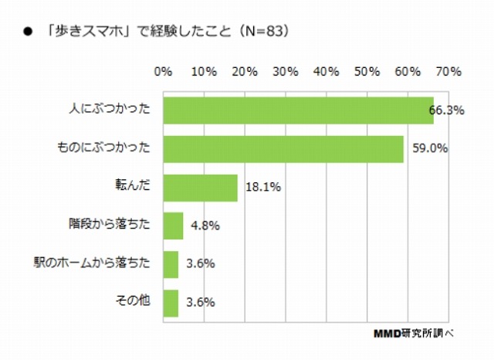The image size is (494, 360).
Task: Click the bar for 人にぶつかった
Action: click(x=298, y=110)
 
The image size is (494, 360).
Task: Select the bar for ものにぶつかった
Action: click(x=283, y=148)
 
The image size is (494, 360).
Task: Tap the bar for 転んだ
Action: click(x=201, y=187)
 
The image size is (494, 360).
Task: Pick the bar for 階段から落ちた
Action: click(x=174, y=226)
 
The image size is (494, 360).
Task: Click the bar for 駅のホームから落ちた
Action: click(x=171, y=264)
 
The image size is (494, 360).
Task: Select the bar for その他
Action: click(x=171, y=302)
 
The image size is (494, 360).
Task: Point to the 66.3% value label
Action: click(x=446, y=110)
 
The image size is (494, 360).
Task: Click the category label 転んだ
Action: click(x=135, y=187)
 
